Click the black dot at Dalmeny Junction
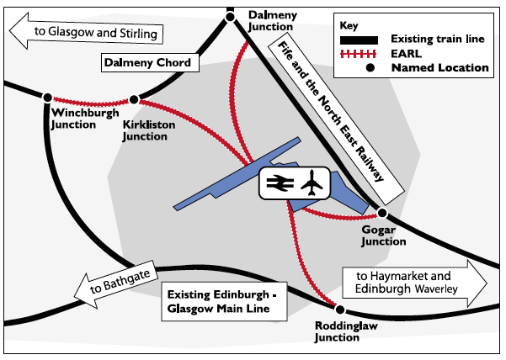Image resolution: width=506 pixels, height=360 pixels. (230, 15)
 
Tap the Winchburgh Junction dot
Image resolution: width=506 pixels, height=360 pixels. (48, 98)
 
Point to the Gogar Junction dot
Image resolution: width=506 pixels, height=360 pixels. (381, 214)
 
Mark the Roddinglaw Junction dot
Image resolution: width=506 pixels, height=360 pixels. (337, 307)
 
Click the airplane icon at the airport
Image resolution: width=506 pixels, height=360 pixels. (312, 182)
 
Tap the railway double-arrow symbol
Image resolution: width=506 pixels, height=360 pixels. (278, 182)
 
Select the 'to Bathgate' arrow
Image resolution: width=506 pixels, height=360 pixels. (114, 286)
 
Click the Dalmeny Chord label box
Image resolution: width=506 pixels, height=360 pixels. (147, 62)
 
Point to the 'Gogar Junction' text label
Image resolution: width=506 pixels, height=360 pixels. (383, 235)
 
